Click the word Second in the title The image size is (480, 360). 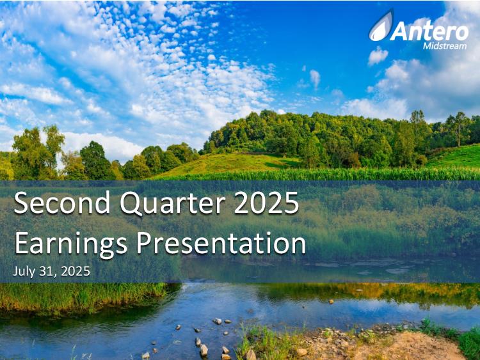[62, 203]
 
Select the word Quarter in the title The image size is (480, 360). [172, 203]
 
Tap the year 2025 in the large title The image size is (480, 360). [266, 203]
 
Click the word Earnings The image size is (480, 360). [70, 244]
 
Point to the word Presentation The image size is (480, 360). [221, 244]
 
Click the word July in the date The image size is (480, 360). [24, 272]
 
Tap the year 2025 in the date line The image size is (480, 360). [76, 271]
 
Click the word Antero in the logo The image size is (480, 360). [429, 31]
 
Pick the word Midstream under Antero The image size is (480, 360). [445, 46]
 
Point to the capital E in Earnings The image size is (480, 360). [21, 243]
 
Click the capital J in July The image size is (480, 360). [15, 271]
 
